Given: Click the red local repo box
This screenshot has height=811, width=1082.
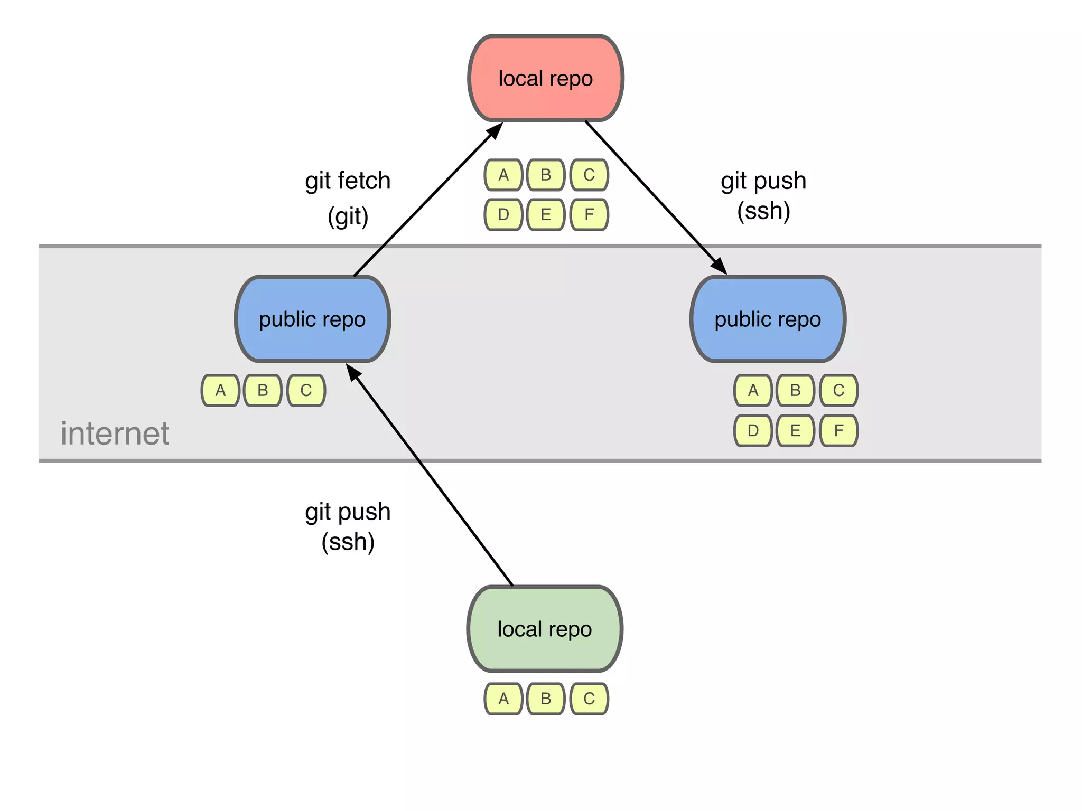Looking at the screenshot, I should click(545, 79).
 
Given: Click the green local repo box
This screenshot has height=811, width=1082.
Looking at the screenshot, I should click(544, 629).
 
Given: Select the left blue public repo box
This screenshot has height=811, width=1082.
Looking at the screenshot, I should click(312, 319).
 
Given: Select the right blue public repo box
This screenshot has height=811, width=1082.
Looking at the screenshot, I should click(768, 319).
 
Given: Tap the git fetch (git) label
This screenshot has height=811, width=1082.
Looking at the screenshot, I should click(348, 198).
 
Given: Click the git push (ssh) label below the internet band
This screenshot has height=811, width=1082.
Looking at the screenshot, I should click(348, 526).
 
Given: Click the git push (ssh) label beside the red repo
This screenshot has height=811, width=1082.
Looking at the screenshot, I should click(763, 195).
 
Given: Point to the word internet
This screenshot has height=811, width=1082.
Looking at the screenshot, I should click(115, 433).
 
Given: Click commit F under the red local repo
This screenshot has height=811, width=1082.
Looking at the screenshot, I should click(589, 215).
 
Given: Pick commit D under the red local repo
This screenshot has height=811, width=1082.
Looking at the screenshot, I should click(503, 215).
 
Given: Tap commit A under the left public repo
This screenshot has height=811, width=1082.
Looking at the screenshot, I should click(220, 391).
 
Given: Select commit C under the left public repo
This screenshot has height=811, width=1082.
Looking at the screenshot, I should click(306, 391).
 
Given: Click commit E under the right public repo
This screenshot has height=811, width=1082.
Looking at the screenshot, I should click(795, 431).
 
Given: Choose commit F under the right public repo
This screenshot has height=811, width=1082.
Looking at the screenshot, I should click(838, 431).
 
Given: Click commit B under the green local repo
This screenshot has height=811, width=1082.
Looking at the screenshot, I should click(546, 699).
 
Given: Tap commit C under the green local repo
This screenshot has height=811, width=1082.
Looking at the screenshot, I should click(589, 699).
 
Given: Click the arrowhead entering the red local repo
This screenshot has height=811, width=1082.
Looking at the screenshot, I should click(496, 129).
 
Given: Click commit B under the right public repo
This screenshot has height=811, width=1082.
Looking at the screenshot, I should click(795, 391).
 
